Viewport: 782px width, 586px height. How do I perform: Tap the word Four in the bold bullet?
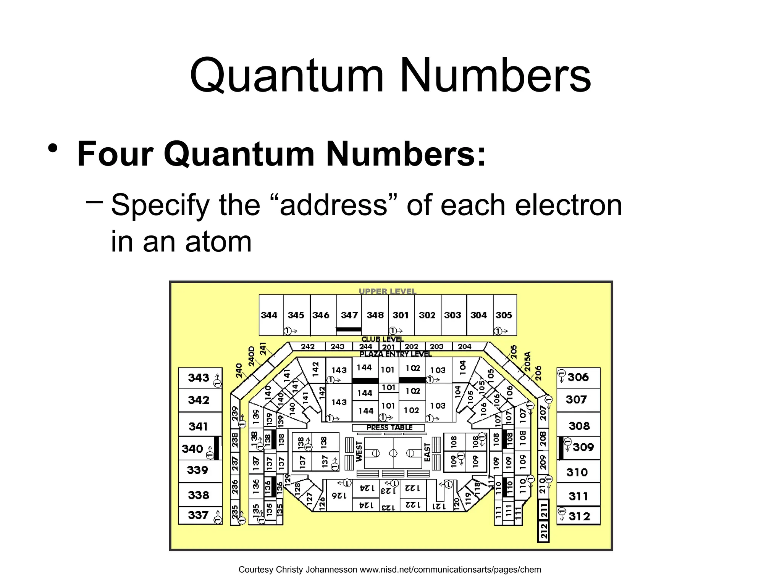coord(115,154)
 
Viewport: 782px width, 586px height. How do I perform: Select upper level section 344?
coord(269,315)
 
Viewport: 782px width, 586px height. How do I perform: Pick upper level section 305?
coord(504,315)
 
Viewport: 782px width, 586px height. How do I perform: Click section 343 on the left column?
coord(199,378)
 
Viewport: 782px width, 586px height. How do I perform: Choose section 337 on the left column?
coord(198,515)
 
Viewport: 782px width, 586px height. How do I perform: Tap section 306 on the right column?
coord(578,377)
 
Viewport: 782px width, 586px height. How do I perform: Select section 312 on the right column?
coord(579,516)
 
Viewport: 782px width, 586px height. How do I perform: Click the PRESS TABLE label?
coord(389,427)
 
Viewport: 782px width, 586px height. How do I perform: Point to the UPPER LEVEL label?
coord(387,291)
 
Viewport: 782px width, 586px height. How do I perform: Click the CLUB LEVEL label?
coord(382,339)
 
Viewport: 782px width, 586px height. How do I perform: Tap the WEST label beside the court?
coord(359,452)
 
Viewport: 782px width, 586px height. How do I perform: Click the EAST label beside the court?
coord(427,452)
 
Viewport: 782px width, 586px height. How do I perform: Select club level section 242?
coord(307,346)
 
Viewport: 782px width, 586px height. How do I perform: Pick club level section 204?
coord(464,346)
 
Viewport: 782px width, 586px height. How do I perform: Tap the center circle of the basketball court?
coord(393,453)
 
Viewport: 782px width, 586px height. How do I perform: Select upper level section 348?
coord(375,315)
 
